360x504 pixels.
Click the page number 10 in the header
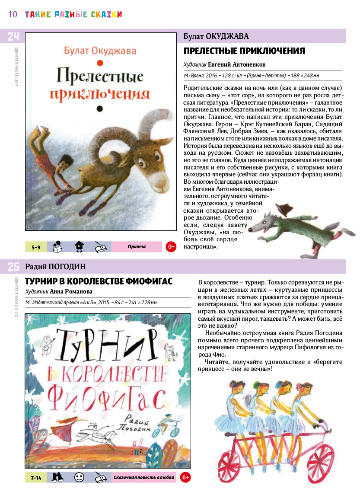tap(13, 14)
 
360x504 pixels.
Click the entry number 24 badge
tap(13, 36)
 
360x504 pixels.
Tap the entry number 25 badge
tap(13, 267)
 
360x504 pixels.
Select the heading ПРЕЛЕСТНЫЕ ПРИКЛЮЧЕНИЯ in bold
tap(244, 51)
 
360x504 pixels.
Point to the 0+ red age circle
tap(171, 247)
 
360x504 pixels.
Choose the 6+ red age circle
tap(185, 477)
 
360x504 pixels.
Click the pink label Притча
tap(137, 247)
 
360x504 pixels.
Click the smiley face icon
tap(79, 477)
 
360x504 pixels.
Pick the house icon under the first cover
tap(79, 246)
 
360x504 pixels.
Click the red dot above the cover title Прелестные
tap(99, 63)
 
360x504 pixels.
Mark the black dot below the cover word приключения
tap(99, 108)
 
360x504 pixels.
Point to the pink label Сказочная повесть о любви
tap(143, 478)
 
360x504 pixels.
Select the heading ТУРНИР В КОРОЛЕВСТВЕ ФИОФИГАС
tap(99, 281)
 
